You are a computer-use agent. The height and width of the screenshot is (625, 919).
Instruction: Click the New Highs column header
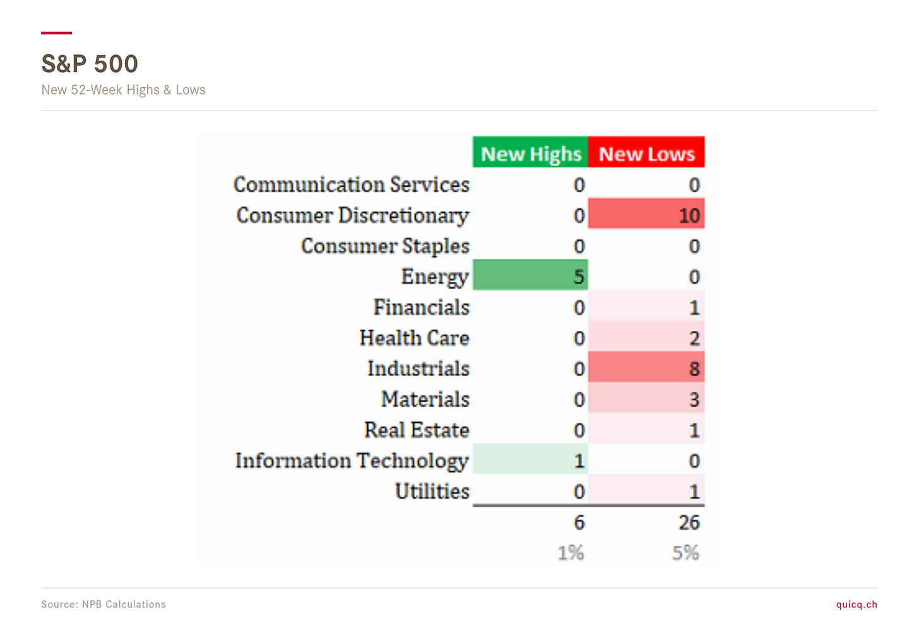[x=530, y=152]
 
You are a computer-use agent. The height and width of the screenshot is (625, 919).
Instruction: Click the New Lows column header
[x=646, y=152]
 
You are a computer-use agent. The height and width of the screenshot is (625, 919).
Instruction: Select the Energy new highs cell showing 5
[x=530, y=275]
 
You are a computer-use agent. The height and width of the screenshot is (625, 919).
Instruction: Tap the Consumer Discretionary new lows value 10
[x=646, y=213]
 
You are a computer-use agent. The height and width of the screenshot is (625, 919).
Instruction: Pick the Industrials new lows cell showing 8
[x=646, y=367]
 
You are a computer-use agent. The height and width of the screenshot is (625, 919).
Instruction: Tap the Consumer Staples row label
[x=385, y=246]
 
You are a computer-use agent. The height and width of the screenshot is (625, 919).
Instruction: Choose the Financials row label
[x=422, y=307]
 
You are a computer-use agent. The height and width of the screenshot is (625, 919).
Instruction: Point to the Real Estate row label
[x=417, y=430]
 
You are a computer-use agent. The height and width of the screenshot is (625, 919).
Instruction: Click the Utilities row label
[x=432, y=491]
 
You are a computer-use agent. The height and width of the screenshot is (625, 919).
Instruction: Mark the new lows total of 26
[x=689, y=523]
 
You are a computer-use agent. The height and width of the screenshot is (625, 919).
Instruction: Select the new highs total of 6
[x=579, y=523]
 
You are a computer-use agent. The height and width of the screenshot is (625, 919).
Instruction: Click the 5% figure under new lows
[x=685, y=553]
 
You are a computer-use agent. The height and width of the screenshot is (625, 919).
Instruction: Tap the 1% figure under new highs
[x=571, y=553]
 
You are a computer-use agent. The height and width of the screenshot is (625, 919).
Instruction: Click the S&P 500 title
[x=90, y=64]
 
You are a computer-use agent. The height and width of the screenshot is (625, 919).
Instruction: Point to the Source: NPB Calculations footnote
[x=104, y=604]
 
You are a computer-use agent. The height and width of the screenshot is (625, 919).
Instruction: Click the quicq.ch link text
[x=857, y=605]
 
